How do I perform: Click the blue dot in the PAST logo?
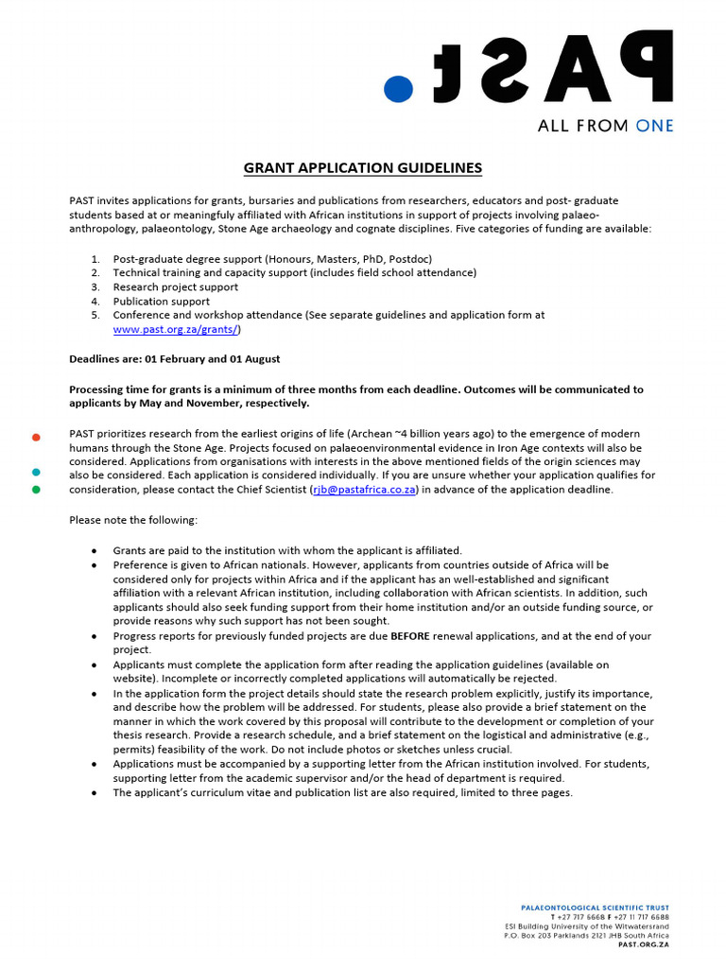click(x=399, y=88)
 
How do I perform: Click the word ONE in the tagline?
click(x=655, y=126)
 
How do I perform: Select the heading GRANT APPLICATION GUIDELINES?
click(x=363, y=168)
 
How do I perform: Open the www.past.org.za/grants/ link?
click(x=176, y=329)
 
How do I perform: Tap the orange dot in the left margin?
click(x=36, y=437)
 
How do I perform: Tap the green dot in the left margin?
click(x=36, y=490)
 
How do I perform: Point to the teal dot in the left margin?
click(x=36, y=472)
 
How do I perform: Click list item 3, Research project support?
click(x=175, y=287)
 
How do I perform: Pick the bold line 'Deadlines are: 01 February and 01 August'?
click(x=174, y=359)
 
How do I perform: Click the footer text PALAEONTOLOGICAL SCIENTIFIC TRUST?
click(x=596, y=907)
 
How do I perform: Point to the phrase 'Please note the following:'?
click(x=133, y=520)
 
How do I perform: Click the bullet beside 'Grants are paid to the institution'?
click(x=94, y=550)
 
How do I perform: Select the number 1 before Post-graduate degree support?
click(x=95, y=259)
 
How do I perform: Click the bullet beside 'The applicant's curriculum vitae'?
click(x=94, y=792)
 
